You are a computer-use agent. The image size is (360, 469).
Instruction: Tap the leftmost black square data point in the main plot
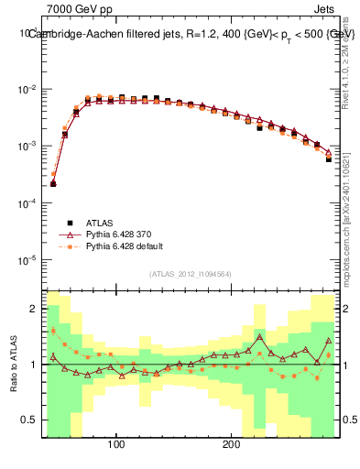tap(53, 184)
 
